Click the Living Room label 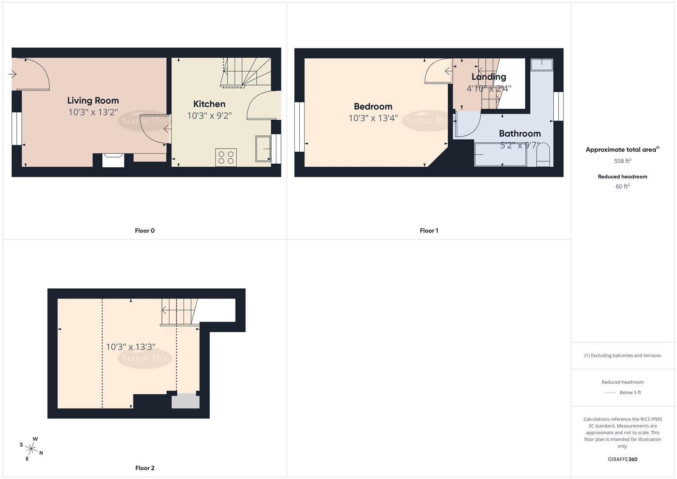coord(93,101)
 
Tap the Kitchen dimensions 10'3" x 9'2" coord(209,116)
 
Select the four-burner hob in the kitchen coord(226,157)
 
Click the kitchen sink coord(263,150)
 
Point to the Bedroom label coord(373,106)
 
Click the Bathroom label coord(520,133)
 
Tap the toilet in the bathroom coord(543,155)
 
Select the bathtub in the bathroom coord(501,154)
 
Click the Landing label coord(489,77)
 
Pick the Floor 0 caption coord(145,231)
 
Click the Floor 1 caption coord(429,231)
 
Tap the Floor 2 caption coord(145,468)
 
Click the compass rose coord(31,448)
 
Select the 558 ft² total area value coord(622,161)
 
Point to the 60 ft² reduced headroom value coord(622,186)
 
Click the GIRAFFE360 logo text coord(622,459)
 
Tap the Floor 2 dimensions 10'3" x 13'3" coord(130,347)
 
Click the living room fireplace coord(113,160)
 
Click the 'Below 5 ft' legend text coord(630,393)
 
